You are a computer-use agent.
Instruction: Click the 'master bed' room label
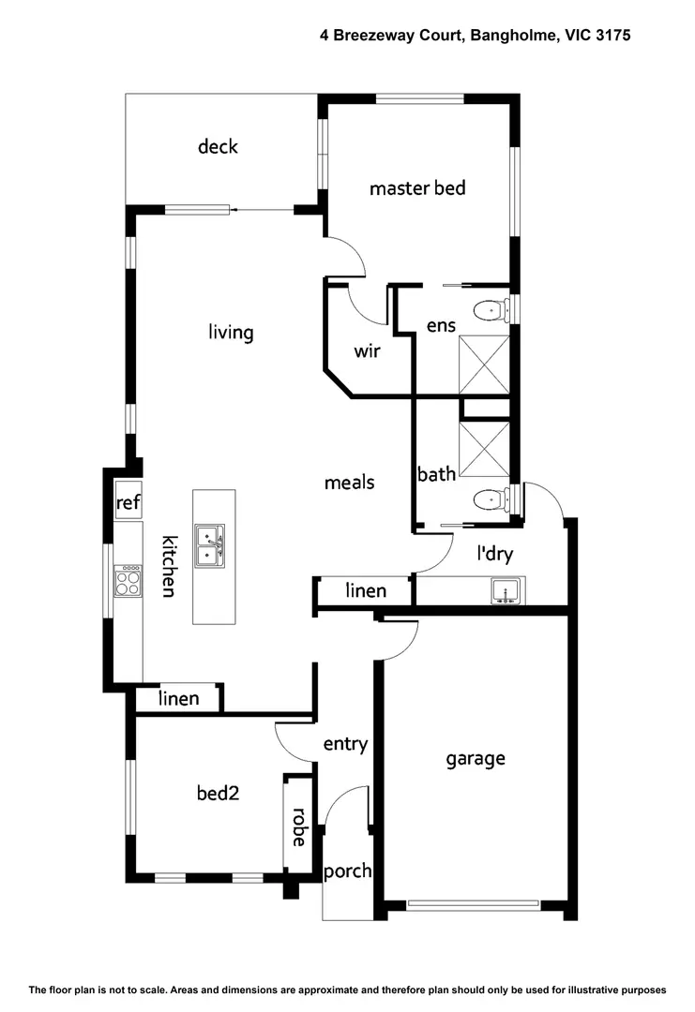click(x=417, y=188)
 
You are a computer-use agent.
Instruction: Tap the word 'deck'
click(x=218, y=146)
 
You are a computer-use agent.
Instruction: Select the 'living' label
click(x=231, y=333)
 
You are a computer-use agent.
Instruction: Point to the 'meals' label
click(x=349, y=483)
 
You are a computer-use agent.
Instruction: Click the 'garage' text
click(x=475, y=758)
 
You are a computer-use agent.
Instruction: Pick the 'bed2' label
click(x=218, y=793)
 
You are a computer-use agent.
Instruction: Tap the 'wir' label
click(x=366, y=352)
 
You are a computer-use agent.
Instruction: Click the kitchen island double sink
click(x=209, y=544)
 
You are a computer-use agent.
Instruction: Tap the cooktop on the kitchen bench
click(x=128, y=584)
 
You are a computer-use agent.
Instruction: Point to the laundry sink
click(x=505, y=591)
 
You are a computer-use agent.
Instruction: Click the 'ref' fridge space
click(x=128, y=503)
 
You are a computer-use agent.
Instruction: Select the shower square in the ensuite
click(x=484, y=365)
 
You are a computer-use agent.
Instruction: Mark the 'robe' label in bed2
click(x=298, y=826)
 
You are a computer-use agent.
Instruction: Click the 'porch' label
click(x=347, y=871)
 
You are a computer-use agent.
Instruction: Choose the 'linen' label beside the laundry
click(x=366, y=590)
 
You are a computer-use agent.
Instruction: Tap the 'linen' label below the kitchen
click(x=178, y=698)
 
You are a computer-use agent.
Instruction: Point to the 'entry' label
click(x=345, y=744)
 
